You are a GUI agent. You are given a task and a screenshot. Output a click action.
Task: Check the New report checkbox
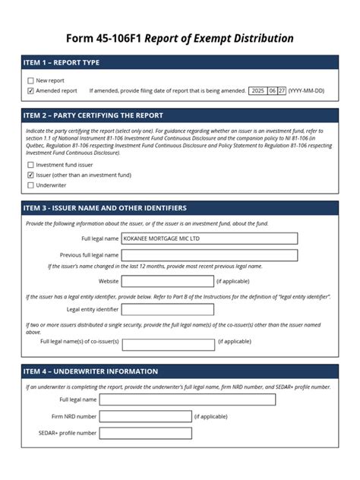pos(30,81)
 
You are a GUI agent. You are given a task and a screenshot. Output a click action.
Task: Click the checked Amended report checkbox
pos(30,91)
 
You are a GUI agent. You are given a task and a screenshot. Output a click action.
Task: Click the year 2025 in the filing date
pos(258,91)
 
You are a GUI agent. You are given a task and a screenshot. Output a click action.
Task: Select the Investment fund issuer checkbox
pos(30,165)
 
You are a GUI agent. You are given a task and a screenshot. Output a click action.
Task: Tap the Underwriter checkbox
pos(30,185)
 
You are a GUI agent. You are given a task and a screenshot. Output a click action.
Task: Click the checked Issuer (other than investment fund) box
pos(30,175)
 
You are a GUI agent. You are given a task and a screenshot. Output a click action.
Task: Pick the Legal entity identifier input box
pos(167,309)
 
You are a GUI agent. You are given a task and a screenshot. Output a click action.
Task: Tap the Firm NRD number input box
pos(145,416)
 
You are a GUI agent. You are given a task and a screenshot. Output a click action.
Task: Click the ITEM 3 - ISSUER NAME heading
pos(106,208)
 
